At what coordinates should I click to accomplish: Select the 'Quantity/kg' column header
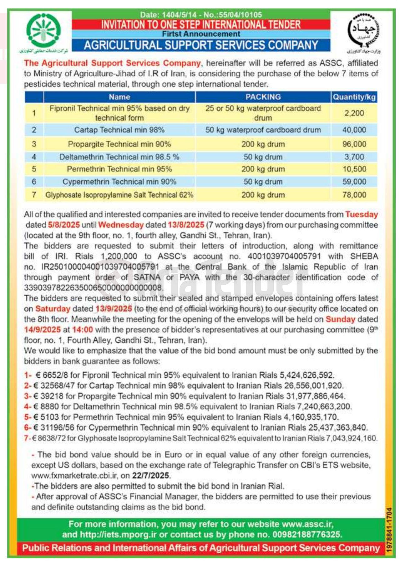click(354, 97)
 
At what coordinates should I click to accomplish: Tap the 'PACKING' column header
click(263, 97)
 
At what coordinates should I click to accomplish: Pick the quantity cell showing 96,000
click(354, 144)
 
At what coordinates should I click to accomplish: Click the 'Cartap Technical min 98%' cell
click(119, 130)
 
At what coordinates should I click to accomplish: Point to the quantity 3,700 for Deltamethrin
click(354, 157)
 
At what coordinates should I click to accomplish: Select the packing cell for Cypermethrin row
click(263, 182)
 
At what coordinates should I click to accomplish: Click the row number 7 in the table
click(34, 195)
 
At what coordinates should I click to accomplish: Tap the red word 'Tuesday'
click(362, 215)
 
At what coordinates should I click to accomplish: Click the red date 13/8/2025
click(186, 225)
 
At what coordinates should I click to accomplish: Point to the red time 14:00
click(83, 329)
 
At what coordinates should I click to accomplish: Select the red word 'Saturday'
click(53, 308)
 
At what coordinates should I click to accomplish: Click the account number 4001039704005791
click(284, 256)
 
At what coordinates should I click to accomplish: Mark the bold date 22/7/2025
click(150, 475)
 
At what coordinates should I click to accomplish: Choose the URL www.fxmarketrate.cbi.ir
click(75, 475)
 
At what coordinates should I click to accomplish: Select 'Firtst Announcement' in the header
click(201, 34)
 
